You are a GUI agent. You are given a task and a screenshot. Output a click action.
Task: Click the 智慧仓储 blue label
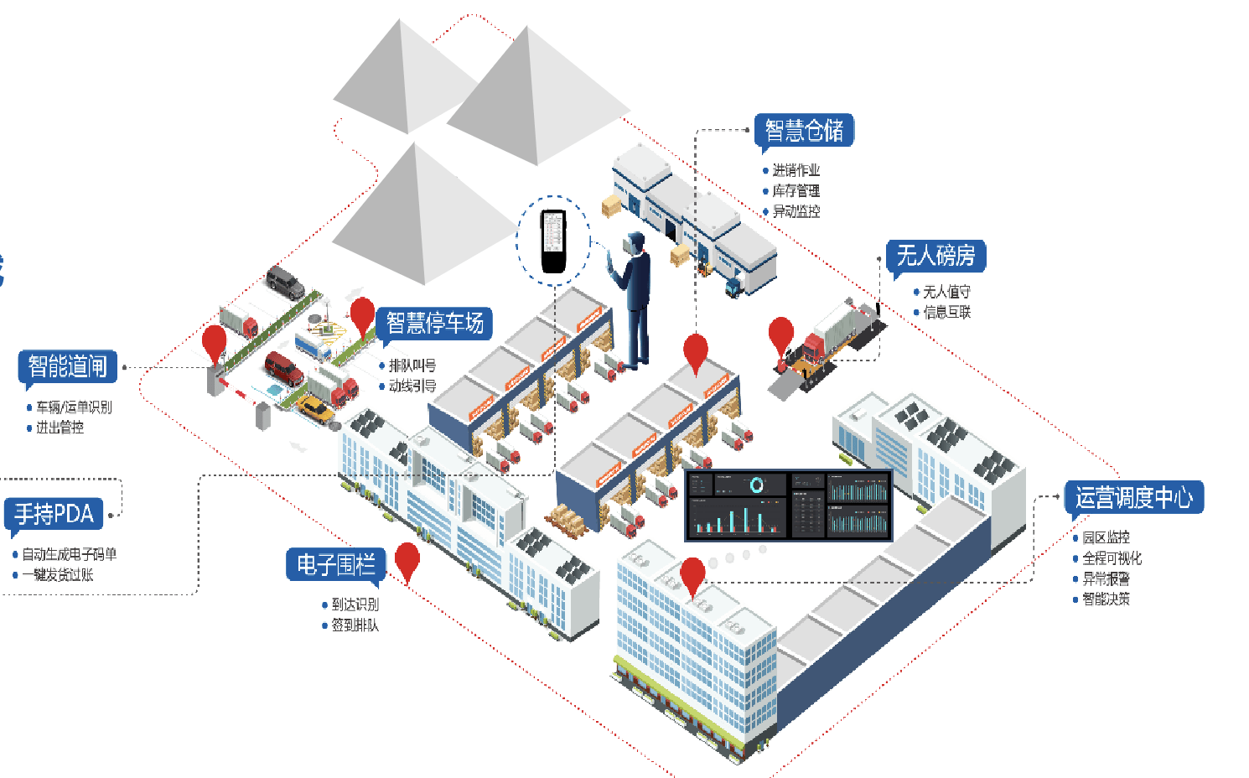pos(804,131)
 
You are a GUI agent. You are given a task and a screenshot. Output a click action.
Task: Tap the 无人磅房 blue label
pos(935,255)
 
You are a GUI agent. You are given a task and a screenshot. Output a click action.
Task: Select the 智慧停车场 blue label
pos(434,323)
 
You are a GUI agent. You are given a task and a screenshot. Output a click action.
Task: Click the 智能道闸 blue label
pos(67,366)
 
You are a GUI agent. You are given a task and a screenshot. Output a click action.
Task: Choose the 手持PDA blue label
pos(54,513)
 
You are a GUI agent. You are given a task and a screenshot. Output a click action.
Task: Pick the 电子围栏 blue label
pos(335,564)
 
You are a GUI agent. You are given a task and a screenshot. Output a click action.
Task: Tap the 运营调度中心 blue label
pos(1133,497)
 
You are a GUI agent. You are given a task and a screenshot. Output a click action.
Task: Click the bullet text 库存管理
pos(796,191)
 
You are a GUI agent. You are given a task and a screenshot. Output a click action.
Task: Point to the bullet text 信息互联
pos(946,313)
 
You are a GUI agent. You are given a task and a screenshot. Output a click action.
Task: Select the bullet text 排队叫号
pos(412,366)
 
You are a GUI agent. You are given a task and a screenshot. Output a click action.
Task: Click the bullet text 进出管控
pos(60,428)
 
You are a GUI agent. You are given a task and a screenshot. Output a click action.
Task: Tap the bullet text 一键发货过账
pos(58,575)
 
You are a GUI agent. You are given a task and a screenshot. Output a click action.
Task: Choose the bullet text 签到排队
pos(355,625)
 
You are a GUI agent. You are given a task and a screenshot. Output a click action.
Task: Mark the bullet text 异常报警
pos(1106,578)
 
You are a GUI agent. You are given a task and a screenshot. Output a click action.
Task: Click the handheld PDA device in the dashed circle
pos(553,241)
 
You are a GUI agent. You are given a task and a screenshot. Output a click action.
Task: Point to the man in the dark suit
pos(635,298)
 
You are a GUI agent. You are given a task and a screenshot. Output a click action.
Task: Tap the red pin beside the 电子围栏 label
pos(407,560)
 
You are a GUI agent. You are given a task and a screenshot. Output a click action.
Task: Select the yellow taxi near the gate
pos(315,409)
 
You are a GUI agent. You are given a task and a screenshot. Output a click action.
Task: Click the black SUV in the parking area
pos(286,282)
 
